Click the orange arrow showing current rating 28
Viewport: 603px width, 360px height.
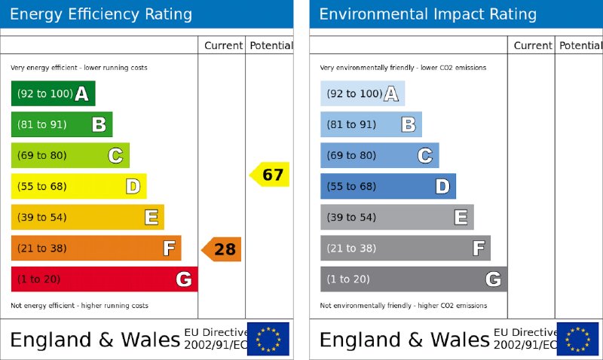222,249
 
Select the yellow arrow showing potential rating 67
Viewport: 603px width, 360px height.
270,175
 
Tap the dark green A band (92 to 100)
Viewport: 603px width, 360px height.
53,93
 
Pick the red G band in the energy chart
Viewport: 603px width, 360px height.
104,279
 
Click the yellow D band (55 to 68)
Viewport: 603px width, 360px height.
78,186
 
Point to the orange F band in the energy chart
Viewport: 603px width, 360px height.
96,248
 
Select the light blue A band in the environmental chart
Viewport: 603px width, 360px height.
362,93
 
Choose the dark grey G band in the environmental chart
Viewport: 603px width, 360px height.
413,279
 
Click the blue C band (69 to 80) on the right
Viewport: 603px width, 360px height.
379,155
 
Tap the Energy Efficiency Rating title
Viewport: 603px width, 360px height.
101,14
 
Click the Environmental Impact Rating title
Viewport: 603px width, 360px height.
428,14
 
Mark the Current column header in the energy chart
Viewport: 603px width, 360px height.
223,45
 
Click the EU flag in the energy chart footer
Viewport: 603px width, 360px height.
268,339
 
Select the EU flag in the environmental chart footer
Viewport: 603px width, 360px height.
577,339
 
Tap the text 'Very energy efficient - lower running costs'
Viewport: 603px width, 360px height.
79,68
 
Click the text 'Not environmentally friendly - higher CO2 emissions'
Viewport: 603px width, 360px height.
403,306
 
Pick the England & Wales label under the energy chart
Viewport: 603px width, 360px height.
95,340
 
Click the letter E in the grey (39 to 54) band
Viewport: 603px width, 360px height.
461,218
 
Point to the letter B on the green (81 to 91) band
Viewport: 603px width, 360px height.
99,125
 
